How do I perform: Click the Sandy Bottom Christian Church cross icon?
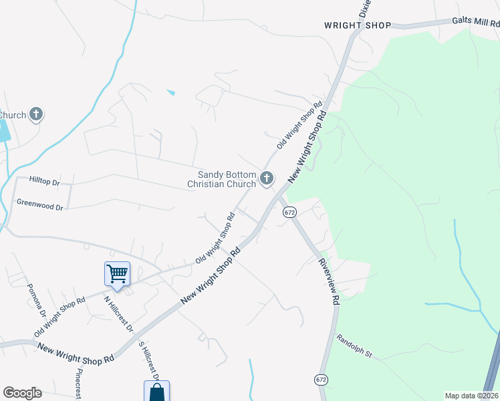point(266,178)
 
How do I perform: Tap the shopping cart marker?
point(117,274)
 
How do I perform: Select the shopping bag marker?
point(156,392)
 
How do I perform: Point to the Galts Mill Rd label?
point(475,21)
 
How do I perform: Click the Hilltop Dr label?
point(45,180)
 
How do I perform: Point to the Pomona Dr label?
point(36,300)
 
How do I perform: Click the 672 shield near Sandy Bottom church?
point(289,212)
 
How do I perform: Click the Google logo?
point(22,393)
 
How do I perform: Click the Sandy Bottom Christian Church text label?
point(221,178)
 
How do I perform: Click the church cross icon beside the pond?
point(36,114)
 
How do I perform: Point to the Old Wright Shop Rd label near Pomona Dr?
point(59,317)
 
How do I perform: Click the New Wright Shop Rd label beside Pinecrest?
point(76,354)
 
